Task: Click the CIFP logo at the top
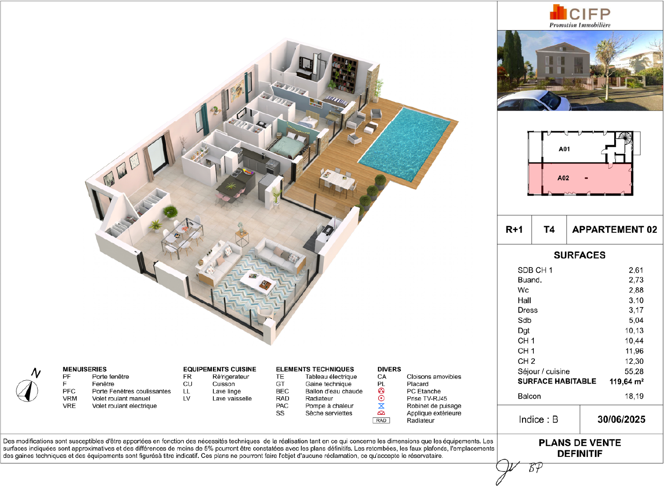pyautogui.click(x=580, y=16)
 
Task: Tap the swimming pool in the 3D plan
pyautogui.click(x=405, y=144)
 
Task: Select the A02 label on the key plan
pyautogui.click(x=563, y=178)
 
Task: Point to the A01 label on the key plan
pyautogui.click(x=564, y=149)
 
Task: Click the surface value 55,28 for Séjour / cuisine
pyautogui.click(x=634, y=371)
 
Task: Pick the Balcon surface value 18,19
pyautogui.click(x=634, y=396)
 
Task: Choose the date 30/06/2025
pyautogui.click(x=621, y=419)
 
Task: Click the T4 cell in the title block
pyautogui.click(x=549, y=229)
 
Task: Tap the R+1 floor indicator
pyautogui.click(x=514, y=229)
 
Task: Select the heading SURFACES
pyautogui.click(x=579, y=255)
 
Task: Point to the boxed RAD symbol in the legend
pyautogui.click(x=381, y=420)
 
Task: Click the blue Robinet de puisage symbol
pyautogui.click(x=381, y=406)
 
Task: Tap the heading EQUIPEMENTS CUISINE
pyautogui.click(x=219, y=369)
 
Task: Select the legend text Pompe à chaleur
pyautogui.click(x=329, y=406)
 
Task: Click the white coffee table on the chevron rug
pyautogui.click(x=259, y=282)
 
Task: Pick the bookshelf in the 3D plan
pyautogui.click(x=344, y=73)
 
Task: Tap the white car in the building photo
pyautogui.click(x=533, y=101)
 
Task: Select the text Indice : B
pyautogui.click(x=539, y=419)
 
